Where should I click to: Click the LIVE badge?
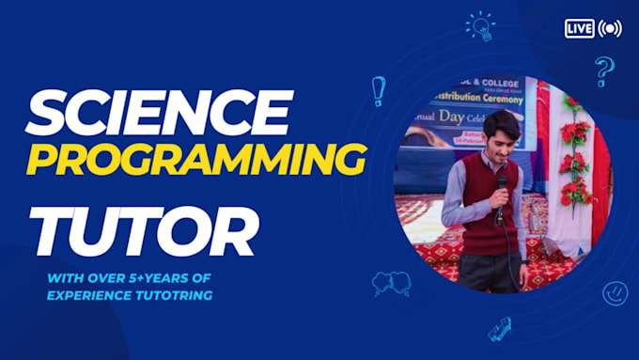click(x=579, y=29)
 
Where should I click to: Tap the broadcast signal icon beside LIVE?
click(x=610, y=29)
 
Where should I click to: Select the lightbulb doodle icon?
click(x=480, y=26)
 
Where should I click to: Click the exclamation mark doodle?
click(x=379, y=90)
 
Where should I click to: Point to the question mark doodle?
click(x=604, y=70)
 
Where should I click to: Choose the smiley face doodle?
click(x=615, y=292)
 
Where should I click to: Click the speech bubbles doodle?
click(x=392, y=282)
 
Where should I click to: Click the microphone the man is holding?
click(x=502, y=187)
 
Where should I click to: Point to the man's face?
click(x=503, y=133)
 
